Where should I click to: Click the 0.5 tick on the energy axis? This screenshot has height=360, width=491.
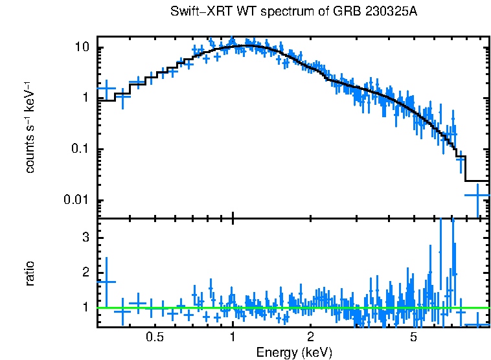154,338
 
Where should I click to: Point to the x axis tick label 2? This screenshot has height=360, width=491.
310,338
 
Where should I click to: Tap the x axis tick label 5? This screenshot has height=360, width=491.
414,338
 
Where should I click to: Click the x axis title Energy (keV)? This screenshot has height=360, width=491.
294,353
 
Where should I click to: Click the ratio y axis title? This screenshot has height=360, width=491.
30,273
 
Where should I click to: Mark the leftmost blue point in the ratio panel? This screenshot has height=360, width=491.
106,282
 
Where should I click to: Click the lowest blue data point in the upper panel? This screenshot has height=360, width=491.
477,194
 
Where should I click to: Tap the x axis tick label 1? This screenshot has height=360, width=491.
233,338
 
